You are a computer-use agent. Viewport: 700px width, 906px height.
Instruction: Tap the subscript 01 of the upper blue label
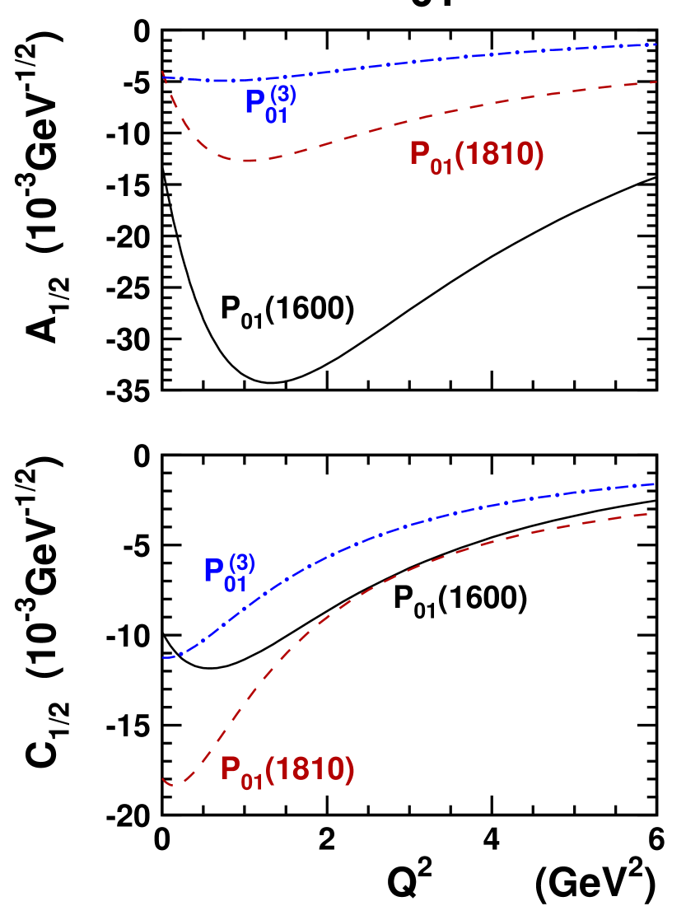pos(277,115)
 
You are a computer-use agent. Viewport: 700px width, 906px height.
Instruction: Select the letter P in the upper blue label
pos(254,102)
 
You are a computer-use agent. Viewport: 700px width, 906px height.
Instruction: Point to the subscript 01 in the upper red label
pos(441,166)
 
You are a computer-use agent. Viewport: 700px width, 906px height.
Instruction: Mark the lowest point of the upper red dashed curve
pos(247,161)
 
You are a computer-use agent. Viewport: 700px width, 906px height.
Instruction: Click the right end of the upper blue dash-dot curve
pos(656,44)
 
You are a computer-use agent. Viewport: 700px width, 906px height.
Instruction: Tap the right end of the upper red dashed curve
pos(656,82)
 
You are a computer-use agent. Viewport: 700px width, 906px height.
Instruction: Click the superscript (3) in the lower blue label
pos(241,563)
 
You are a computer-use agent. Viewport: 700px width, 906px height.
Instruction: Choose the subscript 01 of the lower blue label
pos(236,584)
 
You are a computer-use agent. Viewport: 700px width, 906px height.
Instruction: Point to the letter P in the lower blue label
pos(213,571)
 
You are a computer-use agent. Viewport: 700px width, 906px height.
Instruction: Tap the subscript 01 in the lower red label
pos(252,781)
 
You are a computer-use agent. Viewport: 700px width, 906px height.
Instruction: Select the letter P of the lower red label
pos(230,768)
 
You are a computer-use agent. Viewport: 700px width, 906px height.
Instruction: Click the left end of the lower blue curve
pos(164,657)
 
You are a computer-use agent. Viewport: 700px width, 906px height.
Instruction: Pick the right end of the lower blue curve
pos(656,483)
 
